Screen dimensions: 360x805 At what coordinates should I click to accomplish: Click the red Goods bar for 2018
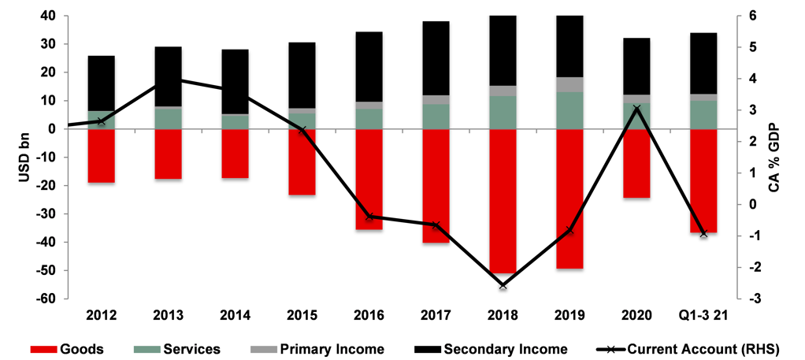[503, 200]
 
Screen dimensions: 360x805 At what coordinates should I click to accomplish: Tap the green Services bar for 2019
[569, 110]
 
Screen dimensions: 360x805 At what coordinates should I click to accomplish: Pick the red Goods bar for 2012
[101, 155]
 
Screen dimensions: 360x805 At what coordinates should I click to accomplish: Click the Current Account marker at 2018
[503, 285]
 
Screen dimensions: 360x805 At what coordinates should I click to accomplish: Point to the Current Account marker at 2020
[636, 109]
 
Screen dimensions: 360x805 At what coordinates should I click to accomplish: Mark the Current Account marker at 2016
[369, 217]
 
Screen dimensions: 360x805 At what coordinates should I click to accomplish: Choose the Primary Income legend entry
[325, 348]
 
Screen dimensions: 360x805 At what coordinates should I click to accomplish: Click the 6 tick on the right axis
[752, 16]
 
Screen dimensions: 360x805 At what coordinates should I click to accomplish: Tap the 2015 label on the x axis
[302, 315]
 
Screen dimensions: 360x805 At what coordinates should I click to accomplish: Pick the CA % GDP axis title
[788, 157]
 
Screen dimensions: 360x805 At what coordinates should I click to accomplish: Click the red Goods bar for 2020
[636, 163]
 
